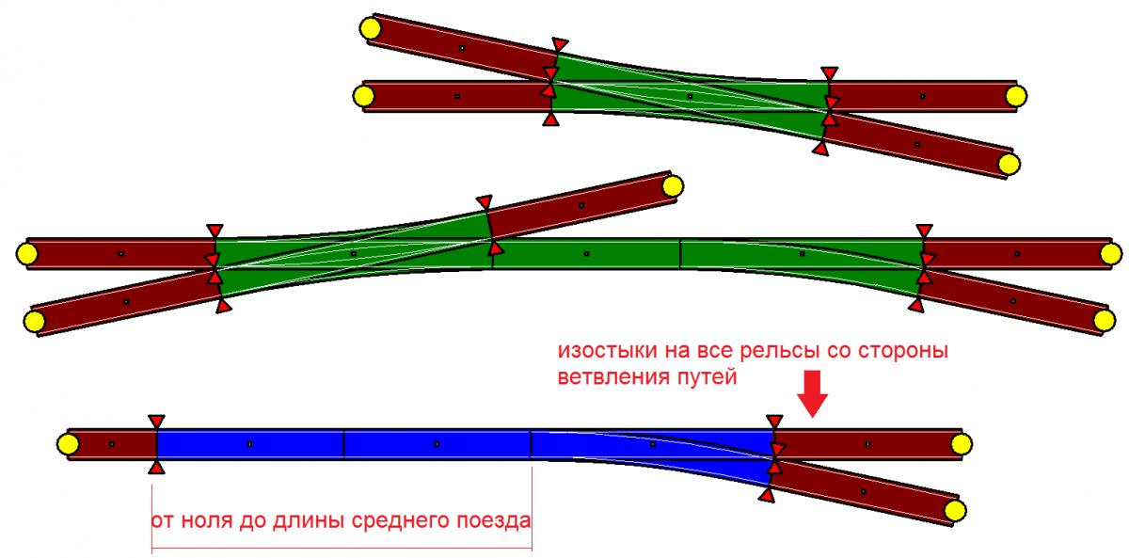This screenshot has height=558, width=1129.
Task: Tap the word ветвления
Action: [603, 376]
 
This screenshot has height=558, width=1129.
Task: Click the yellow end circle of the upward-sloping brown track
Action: [671, 186]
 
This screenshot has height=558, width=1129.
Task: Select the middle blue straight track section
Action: [437, 444]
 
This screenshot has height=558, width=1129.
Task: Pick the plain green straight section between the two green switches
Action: [585, 254]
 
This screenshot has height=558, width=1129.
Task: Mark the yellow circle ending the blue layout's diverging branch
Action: [954, 511]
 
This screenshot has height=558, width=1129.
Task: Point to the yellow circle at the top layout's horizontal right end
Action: [1015, 95]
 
